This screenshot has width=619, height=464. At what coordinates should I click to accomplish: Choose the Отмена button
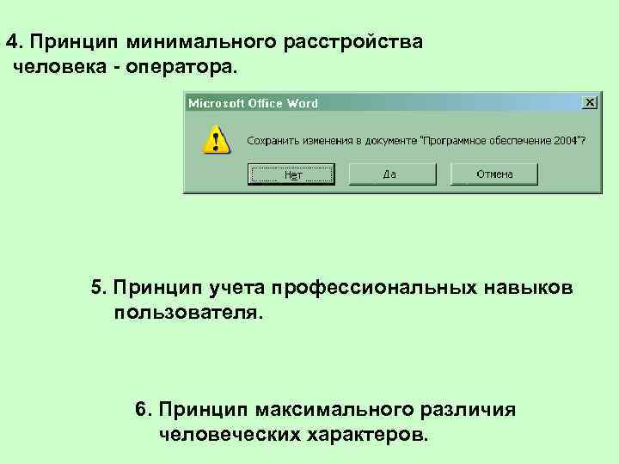click(x=494, y=174)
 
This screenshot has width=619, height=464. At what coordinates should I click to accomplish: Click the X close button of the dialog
click(x=589, y=102)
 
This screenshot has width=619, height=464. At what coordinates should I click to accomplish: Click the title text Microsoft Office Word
click(x=253, y=103)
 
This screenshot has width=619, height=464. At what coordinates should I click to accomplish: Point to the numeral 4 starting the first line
click(x=10, y=42)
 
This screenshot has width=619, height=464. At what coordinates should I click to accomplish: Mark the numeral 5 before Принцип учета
click(x=96, y=286)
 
